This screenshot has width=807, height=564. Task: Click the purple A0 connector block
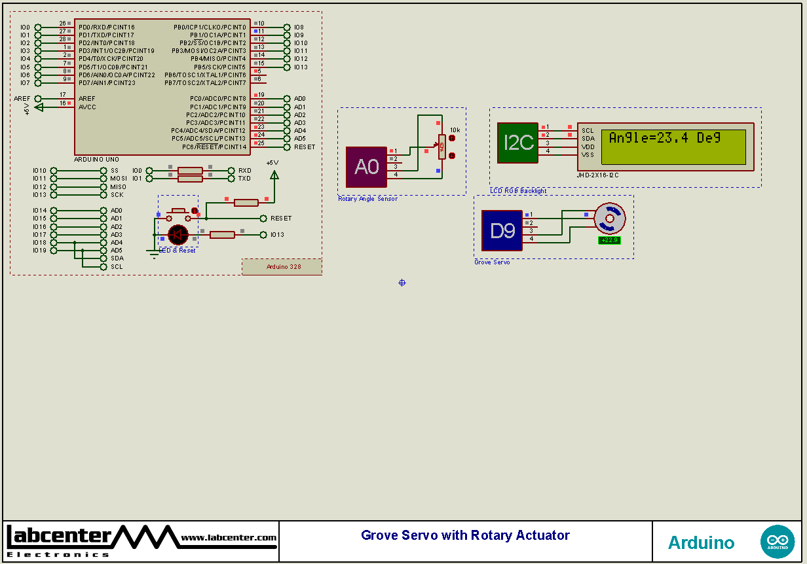366,167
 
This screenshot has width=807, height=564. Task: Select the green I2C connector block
517,143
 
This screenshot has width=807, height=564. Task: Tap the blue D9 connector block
502,230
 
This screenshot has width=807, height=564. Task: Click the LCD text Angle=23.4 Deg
664,138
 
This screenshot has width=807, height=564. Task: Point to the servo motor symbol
609,219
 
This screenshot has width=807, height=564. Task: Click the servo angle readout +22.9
609,240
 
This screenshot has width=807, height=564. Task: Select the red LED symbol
178,234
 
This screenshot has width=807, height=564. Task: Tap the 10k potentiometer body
442,147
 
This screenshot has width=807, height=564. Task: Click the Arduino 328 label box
282,266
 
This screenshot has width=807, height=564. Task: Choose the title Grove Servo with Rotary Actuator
465,535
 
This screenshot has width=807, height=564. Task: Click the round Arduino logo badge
777,542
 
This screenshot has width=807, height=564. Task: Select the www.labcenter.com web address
229,538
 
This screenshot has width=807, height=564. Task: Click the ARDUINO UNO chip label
96,159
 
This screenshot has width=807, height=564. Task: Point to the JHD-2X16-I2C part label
597,175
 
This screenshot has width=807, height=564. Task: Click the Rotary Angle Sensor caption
367,199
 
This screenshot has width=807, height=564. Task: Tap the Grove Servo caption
492,262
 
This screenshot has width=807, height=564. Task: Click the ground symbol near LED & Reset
154,254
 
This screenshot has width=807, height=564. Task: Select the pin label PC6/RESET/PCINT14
214,147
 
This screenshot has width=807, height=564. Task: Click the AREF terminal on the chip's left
38,99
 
